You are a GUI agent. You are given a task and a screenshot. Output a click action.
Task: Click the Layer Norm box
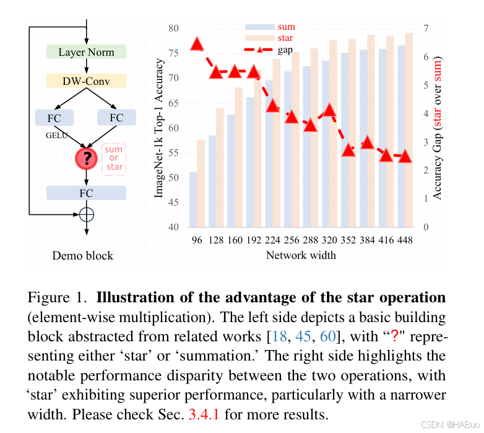(x=86, y=52)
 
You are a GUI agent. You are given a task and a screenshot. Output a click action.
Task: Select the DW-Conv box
(x=86, y=81)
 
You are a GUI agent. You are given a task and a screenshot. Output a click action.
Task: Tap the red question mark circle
(x=87, y=159)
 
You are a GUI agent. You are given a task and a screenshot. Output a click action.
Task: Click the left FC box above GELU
(x=54, y=117)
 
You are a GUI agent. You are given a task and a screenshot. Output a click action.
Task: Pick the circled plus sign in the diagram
(x=87, y=214)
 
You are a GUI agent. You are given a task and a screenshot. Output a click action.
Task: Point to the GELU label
(x=56, y=134)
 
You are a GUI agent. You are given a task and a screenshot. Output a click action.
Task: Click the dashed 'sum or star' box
(x=115, y=159)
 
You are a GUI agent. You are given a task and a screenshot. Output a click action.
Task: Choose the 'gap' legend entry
(x=285, y=50)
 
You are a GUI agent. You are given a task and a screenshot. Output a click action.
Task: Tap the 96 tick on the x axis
(x=197, y=240)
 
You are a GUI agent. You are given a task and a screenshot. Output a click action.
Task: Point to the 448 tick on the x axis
(x=405, y=240)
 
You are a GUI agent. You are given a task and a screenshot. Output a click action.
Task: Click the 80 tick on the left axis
(x=174, y=28)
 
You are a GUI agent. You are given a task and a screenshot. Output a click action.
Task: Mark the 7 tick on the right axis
(x=425, y=28)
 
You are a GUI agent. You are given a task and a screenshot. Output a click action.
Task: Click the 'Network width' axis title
(x=301, y=255)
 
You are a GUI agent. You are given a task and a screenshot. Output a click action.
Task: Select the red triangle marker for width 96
(x=197, y=43)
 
